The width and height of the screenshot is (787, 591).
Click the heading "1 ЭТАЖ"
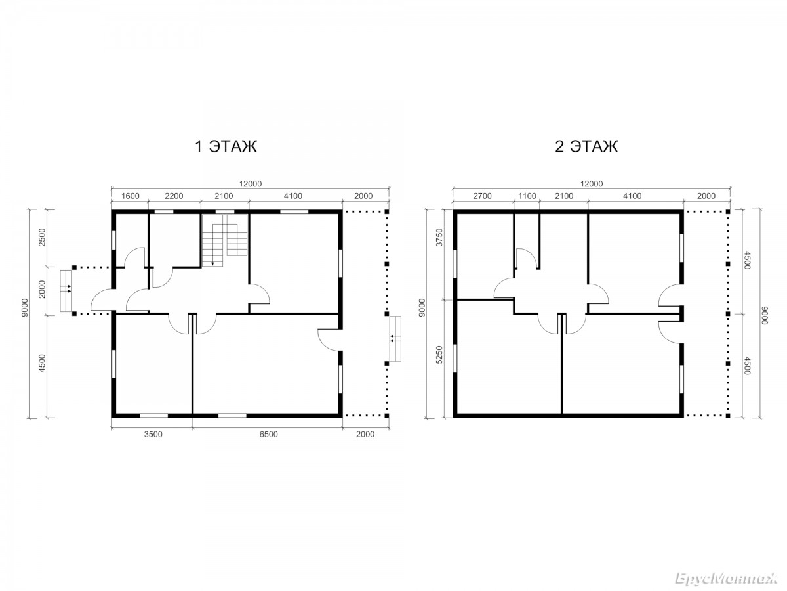pos(226,146)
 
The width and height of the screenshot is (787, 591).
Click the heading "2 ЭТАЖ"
pos(586,146)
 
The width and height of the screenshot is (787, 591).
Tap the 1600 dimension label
pos(130,196)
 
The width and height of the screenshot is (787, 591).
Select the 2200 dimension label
pos(174,196)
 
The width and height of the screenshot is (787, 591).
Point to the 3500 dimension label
pos(153,434)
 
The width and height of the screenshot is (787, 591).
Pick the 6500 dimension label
pos(268,434)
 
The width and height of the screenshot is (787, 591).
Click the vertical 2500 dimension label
pos(43,237)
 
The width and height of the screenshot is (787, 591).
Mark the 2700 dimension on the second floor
pos(482,196)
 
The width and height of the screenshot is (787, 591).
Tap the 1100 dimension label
pos(527,196)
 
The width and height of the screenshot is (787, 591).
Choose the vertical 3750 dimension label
pos(439,237)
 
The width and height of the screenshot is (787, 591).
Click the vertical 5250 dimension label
pos(439,355)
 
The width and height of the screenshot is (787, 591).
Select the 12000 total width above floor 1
pos(251,184)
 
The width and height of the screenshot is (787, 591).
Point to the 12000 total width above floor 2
pos(592,184)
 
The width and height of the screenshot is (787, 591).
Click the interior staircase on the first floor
pos(224,240)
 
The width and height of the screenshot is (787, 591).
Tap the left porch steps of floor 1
pos(66,291)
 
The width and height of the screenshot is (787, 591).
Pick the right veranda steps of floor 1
pos(395,339)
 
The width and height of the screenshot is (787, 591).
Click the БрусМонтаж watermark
pos(726,579)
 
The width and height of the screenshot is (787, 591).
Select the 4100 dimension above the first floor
pos(293,196)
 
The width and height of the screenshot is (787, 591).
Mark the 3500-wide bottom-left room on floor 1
pos(153,364)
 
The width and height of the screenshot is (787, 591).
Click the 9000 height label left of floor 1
pos(24,307)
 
